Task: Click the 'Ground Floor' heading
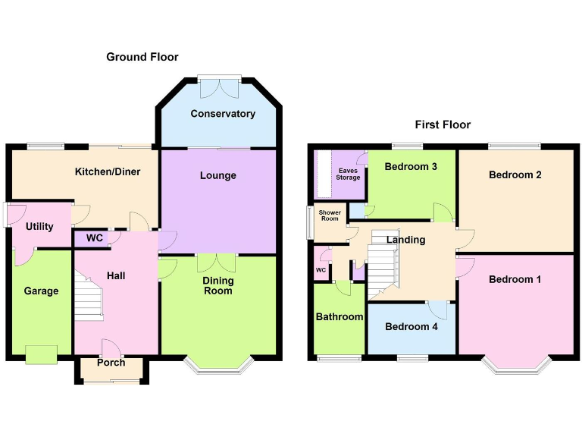coord(142,57)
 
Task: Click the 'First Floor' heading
coord(443,124)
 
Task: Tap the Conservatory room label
coord(223,114)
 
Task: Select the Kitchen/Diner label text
coord(108,171)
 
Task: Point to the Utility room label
coord(39,226)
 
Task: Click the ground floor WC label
coord(95,238)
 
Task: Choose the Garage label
coord(41,291)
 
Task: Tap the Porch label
coord(111,363)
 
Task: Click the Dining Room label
coord(218,285)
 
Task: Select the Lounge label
coord(218,175)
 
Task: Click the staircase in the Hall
coord(89,298)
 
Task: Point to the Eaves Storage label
coord(349,174)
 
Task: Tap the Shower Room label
coord(330,215)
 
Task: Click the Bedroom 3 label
coord(411,166)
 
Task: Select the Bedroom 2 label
coord(515,174)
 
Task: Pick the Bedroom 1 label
coord(515,279)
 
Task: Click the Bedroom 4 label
coord(411,326)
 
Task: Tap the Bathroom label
coord(339,316)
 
